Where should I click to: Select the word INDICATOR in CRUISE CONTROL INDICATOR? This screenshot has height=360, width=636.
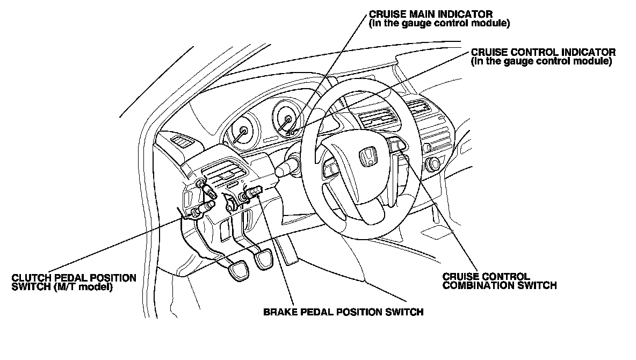tap(589, 53)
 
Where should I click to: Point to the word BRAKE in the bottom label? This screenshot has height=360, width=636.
tap(278, 312)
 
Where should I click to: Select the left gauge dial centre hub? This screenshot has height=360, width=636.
tap(243, 132)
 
